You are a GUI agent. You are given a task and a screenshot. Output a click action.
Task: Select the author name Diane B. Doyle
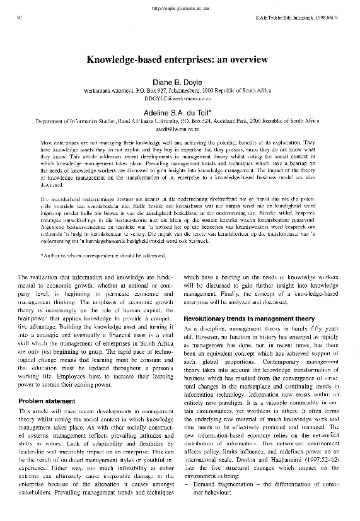180,81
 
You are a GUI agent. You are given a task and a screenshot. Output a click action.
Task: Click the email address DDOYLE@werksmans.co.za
180,99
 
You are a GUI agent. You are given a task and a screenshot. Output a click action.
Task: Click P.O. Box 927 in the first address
149,91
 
